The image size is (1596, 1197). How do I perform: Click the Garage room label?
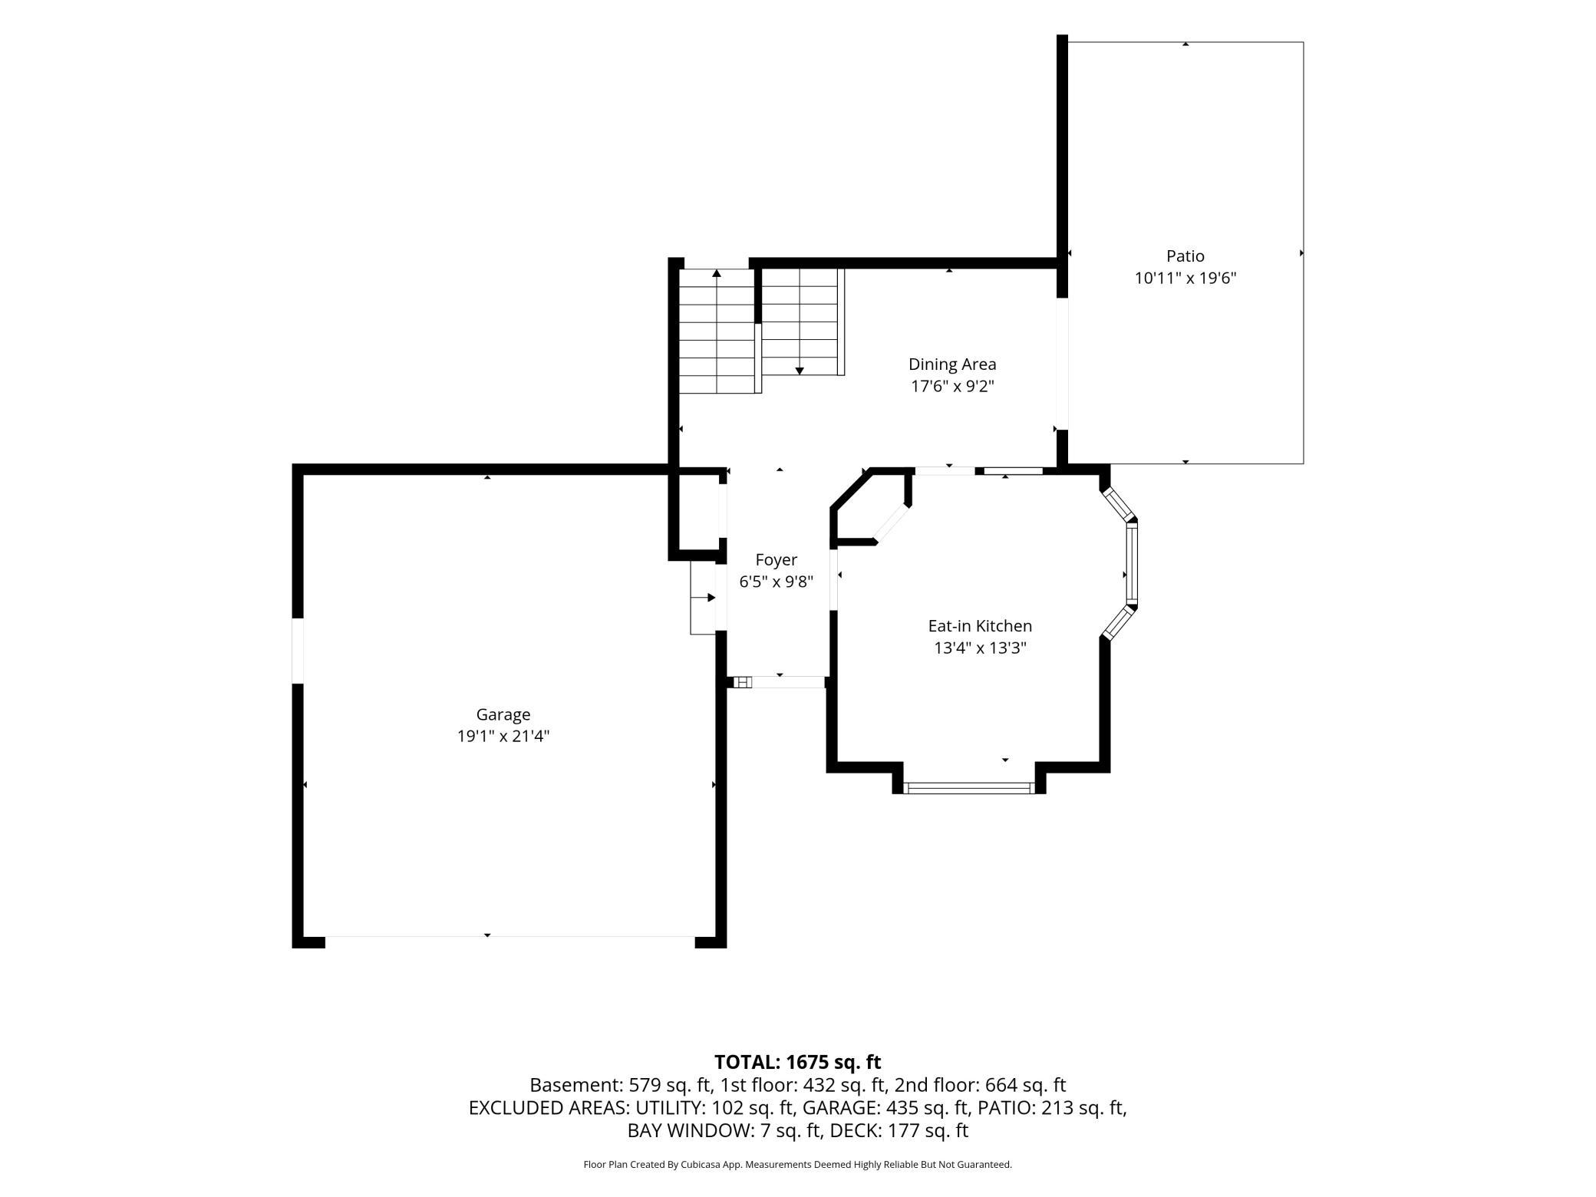pyautogui.click(x=503, y=714)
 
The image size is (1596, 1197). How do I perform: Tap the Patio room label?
pyautogui.click(x=1185, y=256)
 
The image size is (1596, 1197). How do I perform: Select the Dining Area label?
pyautogui.click(x=952, y=364)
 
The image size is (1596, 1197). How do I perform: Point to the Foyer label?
pyautogui.click(x=776, y=560)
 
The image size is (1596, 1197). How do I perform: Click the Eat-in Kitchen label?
pyautogui.click(x=980, y=626)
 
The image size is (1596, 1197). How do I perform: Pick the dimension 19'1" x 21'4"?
pyautogui.click(x=503, y=737)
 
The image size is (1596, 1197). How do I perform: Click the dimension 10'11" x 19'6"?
pyautogui.click(x=1185, y=278)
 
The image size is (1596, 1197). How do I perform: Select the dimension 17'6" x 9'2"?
pyautogui.click(x=952, y=386)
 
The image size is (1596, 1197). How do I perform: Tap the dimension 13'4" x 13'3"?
pyautogui.click(x=980, y=648)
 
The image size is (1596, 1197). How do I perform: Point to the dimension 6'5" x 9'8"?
pyautogui.click(x=776, y=582)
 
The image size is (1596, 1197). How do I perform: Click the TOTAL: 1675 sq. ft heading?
pyautogui.click(x=797, y=1062)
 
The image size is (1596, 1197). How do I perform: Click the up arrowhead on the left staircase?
pyautogui.click(x=717, y=272)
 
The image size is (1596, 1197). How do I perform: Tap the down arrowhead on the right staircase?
pyautogui.click(x=800, y=371)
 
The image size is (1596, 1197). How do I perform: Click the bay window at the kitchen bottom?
pyautogui.click(x=969, y=787)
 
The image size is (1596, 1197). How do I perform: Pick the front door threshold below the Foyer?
pyautogui.click(x=779, y=682)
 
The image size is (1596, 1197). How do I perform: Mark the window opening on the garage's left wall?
pyautogui.click(x=298, y=651)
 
